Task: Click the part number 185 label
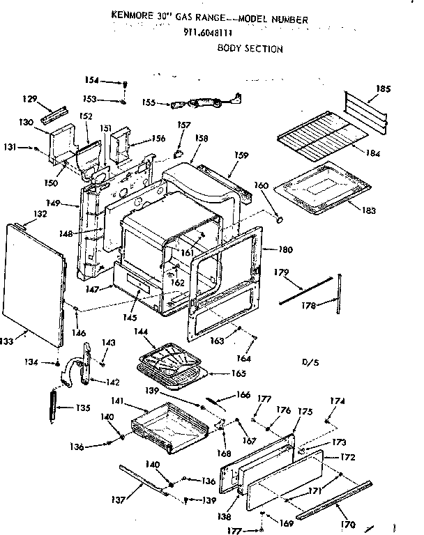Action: (x=384, y=88)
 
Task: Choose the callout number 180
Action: (x=285, y=249)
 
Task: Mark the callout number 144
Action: (x=142, y=334)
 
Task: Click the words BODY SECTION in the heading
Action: (x=250, y=49)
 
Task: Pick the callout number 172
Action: (x=348, y=458)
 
